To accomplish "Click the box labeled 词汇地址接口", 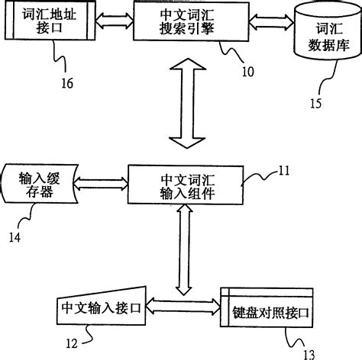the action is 50,21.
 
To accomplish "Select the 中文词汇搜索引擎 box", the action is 191,21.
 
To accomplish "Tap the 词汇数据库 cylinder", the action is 328,31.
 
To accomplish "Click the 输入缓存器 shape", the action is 40,184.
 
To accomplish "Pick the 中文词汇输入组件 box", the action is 186,185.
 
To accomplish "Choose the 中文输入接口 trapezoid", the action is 102,307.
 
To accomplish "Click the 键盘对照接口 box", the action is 267,307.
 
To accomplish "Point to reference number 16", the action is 67,83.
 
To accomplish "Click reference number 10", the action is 247,72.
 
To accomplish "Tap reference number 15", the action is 315,103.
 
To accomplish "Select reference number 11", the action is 284,171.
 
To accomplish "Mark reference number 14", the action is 15,237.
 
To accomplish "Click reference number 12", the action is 72,344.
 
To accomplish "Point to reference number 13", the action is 309,355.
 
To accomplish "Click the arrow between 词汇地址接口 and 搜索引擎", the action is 115,21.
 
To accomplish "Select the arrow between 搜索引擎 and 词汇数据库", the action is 271,22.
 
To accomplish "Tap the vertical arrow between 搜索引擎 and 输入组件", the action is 187,103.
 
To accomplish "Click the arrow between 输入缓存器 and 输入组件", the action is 101,183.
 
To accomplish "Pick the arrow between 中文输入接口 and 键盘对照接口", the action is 183,307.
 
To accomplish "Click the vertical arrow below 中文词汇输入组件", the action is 184,249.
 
